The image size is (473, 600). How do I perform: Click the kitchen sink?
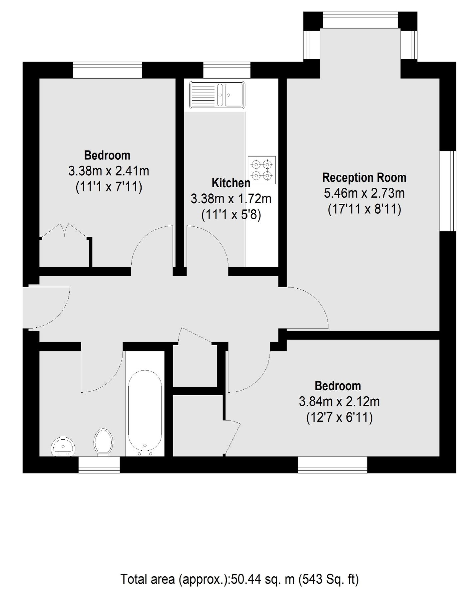pyautogui.click(x=217, y=95)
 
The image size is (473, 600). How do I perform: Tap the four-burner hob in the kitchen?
pyautogui.click(x=262, y=170)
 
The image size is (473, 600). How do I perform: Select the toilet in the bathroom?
pyautogui.click(x=103, y=442)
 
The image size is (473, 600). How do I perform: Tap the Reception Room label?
pyautogui.click(x=364, y=178)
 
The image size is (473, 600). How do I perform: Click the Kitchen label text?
pyautogui.click(x=231, y=183)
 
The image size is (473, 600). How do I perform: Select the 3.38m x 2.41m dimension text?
pyautogui.click(x=109, y=171)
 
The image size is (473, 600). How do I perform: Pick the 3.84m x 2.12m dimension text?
pyautogui.click(x=339, y=402)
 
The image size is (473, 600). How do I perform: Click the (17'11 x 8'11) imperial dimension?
pyautogui.click(x=364, y=209)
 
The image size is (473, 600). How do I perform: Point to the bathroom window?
pyautogui.click(x=99, y=465)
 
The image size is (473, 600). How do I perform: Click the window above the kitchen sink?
pyautogui.click(x=227, y=70)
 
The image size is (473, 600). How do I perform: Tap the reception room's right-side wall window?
pyautogui.click(x=448, y=191)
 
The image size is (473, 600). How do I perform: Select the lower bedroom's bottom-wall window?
pyautogui.click(x=332, y=465)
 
